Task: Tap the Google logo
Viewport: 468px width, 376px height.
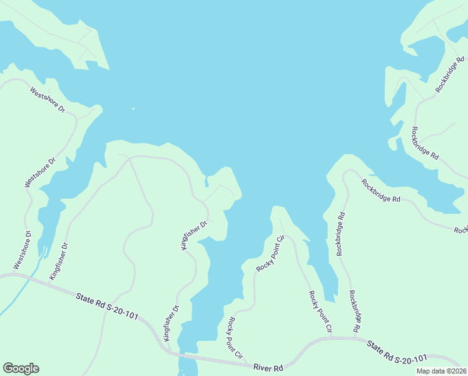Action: coord(21,368)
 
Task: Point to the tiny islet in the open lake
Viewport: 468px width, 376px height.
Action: coord(133,108)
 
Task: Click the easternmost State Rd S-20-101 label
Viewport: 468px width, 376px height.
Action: coord(398,352)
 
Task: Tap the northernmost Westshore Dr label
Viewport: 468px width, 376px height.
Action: coord(48,100)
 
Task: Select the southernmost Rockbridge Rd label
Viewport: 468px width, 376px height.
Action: coord(355,311)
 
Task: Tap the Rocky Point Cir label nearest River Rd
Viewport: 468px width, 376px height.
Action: coord(235,338)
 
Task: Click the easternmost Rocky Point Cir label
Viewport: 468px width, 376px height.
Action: coord(320,311)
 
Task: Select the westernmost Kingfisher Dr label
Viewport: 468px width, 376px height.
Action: coord(58,261)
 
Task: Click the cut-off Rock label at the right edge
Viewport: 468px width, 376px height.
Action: coord(460,230)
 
